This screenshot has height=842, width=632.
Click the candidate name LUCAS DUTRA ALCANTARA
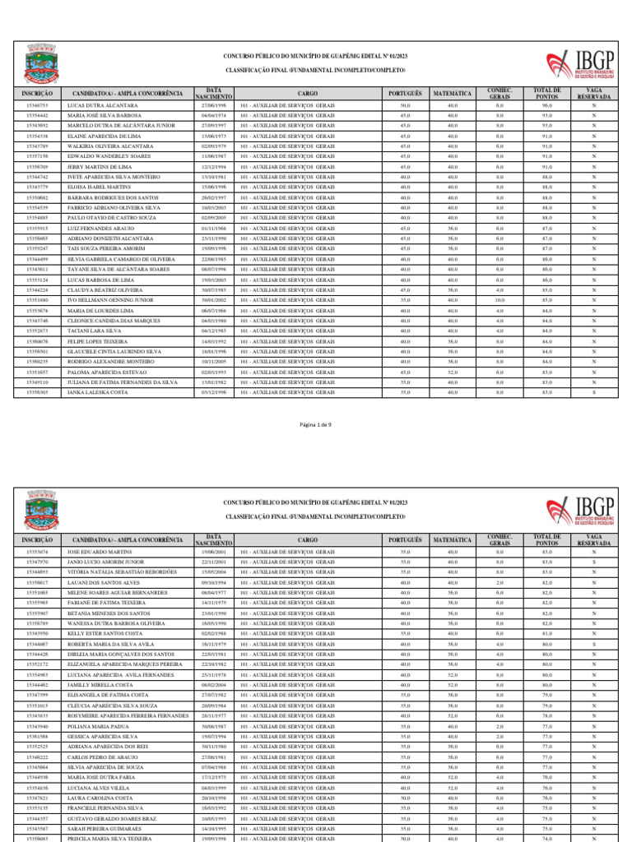tap(102, 106)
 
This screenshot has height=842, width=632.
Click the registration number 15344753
tap(37, 106)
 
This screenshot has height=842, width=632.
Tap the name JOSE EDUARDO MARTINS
tap(99, 552)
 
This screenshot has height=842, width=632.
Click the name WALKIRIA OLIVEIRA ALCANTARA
tap(109, 146)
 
